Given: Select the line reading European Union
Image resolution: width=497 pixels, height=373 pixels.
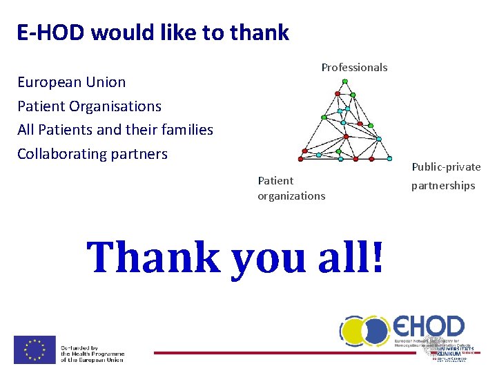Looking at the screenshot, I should point(72,82).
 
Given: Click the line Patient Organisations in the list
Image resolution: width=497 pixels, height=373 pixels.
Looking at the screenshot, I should point(89,106).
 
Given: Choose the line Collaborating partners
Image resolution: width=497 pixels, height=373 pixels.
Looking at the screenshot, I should point(92,153).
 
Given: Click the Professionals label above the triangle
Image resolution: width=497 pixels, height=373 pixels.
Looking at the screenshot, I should point(354,68).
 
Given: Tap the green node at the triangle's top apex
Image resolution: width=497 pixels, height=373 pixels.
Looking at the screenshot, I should point(345,81).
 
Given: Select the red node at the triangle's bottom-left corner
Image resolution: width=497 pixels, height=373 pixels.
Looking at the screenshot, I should point(301,151).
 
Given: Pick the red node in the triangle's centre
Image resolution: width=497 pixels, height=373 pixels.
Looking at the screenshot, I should point(346,136).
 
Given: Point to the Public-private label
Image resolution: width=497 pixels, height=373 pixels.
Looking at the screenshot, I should point(446,166).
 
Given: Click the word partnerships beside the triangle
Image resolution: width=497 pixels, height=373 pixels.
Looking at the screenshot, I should point(443,186).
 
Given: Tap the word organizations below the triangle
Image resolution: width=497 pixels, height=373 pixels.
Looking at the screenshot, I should point(291,196).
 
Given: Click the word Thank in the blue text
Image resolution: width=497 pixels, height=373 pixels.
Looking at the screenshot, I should point(153,257).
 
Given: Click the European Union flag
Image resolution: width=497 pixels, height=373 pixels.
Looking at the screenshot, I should point(35,350).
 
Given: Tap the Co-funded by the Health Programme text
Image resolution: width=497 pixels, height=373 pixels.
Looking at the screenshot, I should point(92,354).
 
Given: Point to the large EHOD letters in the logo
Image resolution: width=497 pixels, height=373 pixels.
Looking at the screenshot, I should point(429,327).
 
